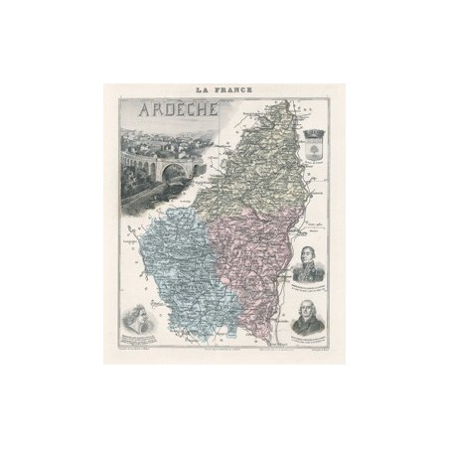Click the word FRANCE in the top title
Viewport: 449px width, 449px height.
(x=235, y=89)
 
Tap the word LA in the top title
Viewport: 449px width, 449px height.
(x=208, y=89)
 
